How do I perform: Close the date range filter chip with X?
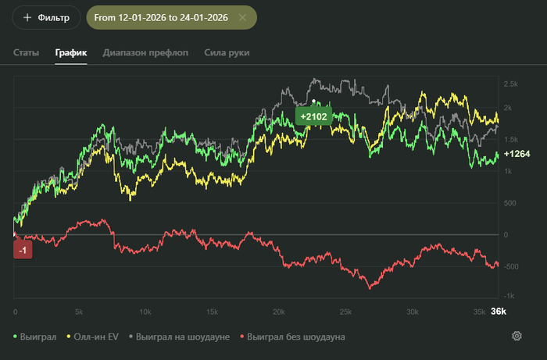click(242, 17)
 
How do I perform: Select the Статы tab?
click(26, 53)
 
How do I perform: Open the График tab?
click(70, 53)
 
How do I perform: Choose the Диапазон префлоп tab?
click(145, 53)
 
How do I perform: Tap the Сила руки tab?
click(226, 53)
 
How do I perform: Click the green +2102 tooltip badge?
click(313, 116)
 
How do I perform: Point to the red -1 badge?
click(23, 249)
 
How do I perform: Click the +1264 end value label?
click(517, 154)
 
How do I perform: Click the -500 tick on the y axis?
click(512, 267)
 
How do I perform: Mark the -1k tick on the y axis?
click(509, 296)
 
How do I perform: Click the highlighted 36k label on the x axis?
click(498, 312)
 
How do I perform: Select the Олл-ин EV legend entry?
click(95, 337)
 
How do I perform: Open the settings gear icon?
click(517, 337)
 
